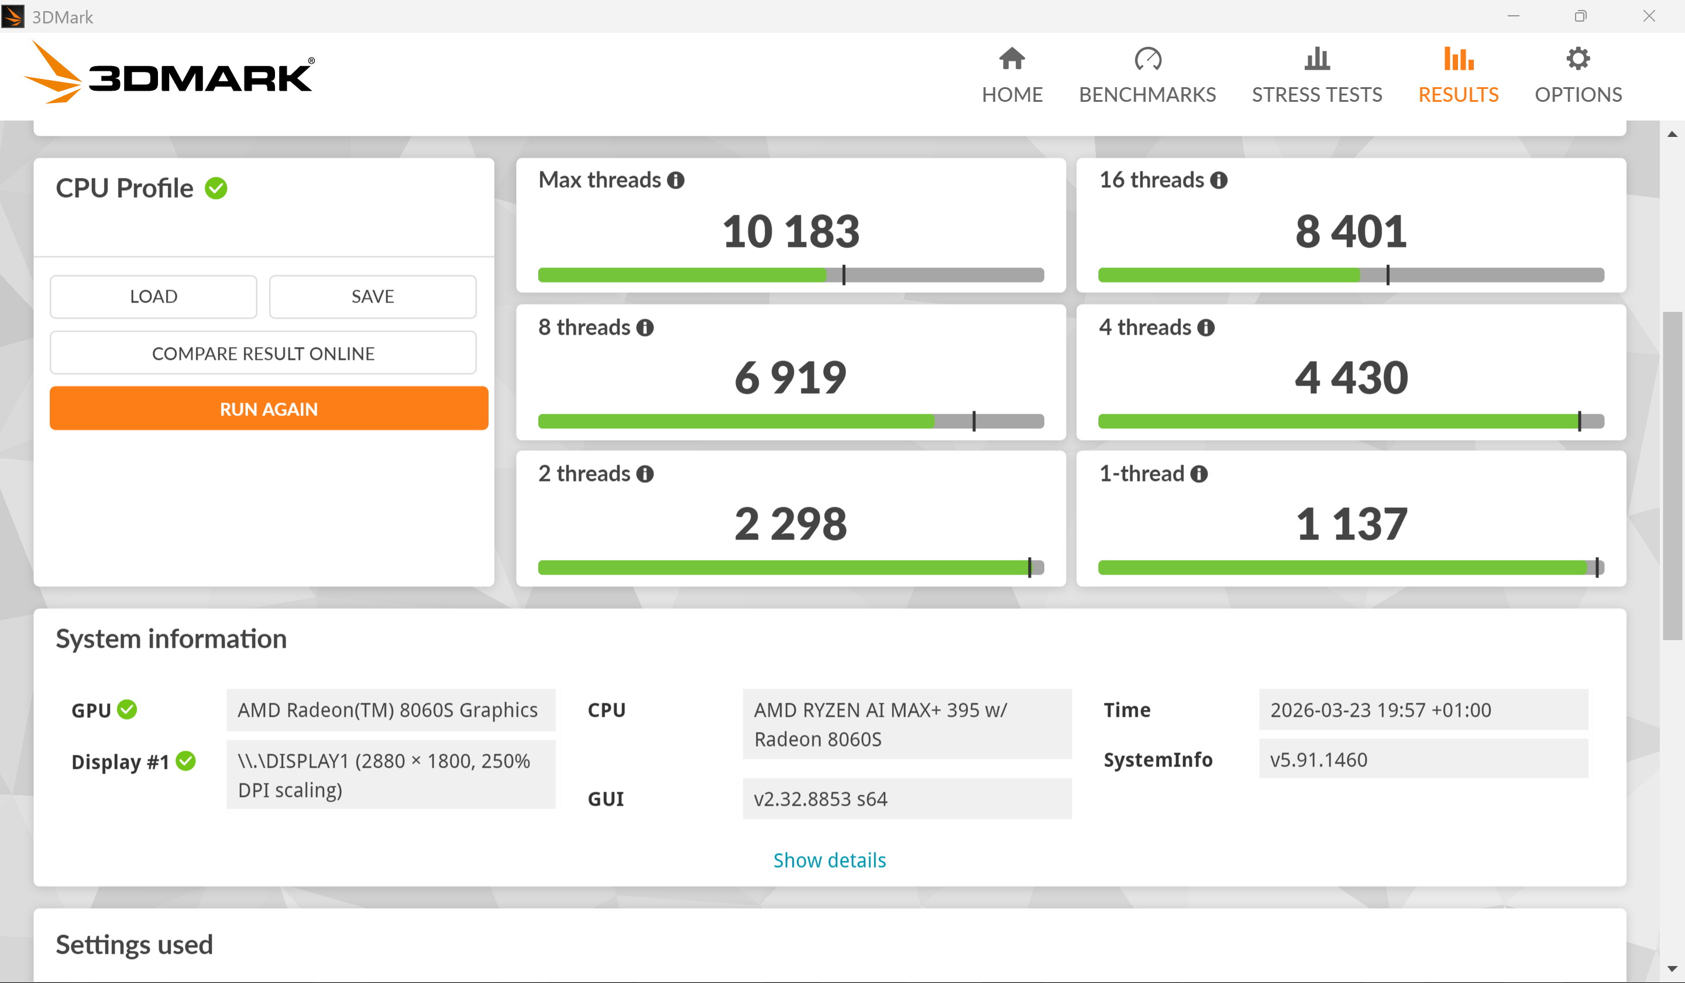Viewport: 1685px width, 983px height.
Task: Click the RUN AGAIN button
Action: tap(269, 408)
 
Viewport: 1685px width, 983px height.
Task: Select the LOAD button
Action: tap(153, 296)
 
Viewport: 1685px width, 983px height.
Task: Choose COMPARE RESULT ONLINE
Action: tap(263, 353)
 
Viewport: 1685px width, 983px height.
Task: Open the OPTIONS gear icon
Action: tap(1578, 59)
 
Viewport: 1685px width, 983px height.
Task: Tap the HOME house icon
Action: tap(1012, 59)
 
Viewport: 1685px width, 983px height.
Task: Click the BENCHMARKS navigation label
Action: tap(1147, 94)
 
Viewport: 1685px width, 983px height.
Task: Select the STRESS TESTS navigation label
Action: tap(1316, 94)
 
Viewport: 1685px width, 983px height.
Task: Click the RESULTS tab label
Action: tap(1459, 94)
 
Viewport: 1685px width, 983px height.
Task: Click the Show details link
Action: tap(829, 860)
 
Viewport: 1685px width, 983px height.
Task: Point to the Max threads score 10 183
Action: tap(791, 231)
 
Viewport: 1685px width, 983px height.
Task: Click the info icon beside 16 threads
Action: tap(1219, 180)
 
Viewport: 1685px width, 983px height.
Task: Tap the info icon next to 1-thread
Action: tap(1199, 474)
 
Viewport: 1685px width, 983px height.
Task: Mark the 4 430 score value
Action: tap(1352, 378)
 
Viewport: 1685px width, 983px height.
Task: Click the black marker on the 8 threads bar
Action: tap(974, 421)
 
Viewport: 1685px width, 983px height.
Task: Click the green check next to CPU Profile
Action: tap(216, 188)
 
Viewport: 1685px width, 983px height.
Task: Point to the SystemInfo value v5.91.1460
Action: tap(1319, 759)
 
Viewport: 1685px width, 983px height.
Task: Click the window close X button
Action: tap(1649, 16)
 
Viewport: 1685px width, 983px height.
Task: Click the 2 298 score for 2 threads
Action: tap(791, 524)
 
